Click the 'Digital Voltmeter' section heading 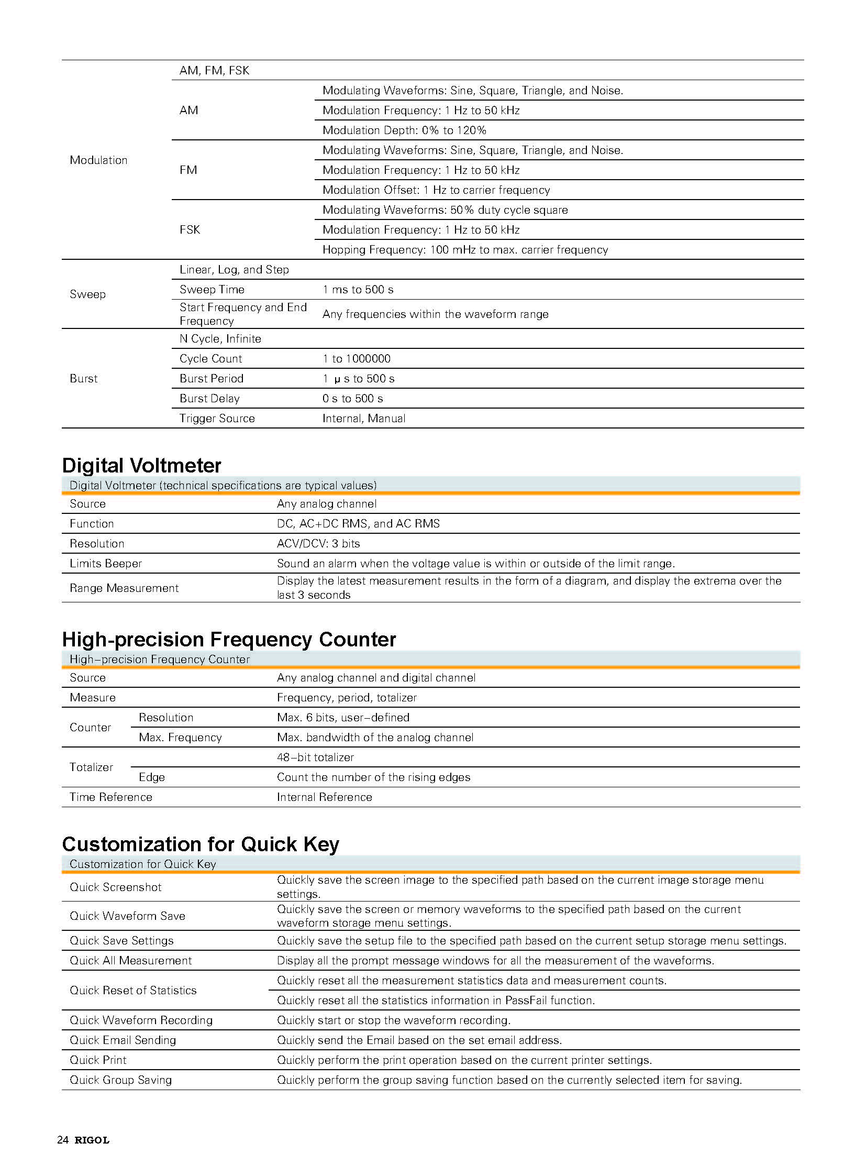coord(141,466)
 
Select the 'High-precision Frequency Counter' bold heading coord(229,640)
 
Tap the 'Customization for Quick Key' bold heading coord(200,844)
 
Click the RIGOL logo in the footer coord(92,1140)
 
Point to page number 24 coord(62,1140)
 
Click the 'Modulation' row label coord(98,160)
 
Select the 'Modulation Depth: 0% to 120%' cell coord(404,130)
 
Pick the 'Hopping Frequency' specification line coord(465,250)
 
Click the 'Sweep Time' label coord(212,290)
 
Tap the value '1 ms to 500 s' coord(358,290)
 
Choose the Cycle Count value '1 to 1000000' coord(357,359)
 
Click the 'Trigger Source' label coord(217,419)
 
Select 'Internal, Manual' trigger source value coord(364,419)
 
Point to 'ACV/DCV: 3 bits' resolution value coord(318,543)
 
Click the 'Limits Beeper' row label coord(106,563)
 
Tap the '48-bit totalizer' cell coord(315,757)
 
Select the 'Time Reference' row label coord(111,797)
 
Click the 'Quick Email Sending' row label coord(123,1040)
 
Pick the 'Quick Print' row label coord(98,1060)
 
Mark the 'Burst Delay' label coord(209,399)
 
